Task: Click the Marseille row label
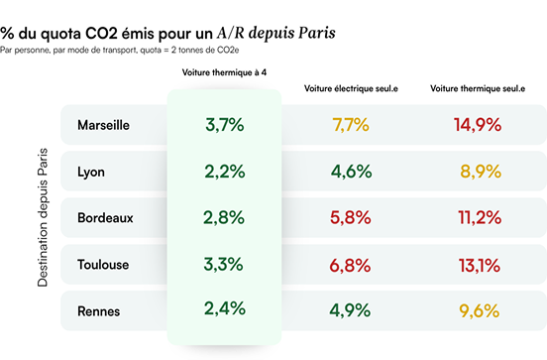pyautogui.click(x=103, y=126)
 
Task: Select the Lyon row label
pyautogui.click(x=91, y=172)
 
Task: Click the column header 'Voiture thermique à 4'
pyautogui.click(x=224, y=73)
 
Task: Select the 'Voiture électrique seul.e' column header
pyautogui.click(x=351, y=89)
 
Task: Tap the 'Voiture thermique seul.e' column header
pyautogui.click(x=478, y=89)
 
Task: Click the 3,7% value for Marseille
pyautogui.click(x=224, y=125)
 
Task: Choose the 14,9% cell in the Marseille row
pyautogui.click(x=477, y=125)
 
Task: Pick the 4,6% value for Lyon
pyautogui.click(x=351, y=172)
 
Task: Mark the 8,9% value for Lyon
pyautogui.click(x=477, y=172)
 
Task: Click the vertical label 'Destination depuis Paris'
pyautogui.click(x=43, y=218)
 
